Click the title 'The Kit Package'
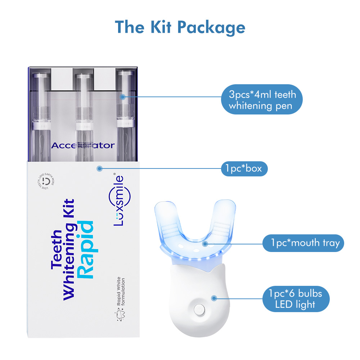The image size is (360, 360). click(x=180, y=27)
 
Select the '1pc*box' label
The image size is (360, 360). click(x=244, y=168)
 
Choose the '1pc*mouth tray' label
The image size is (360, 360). click(x=303, y=243)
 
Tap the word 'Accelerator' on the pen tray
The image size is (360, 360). click(x=83, y=145)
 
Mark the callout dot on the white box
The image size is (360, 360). click(x=100, y=168)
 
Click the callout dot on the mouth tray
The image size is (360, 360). click(x=205, y=243)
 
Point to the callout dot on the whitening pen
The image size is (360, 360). click(x=122, y=96)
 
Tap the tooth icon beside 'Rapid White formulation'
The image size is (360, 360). click(x=121, y=316)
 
